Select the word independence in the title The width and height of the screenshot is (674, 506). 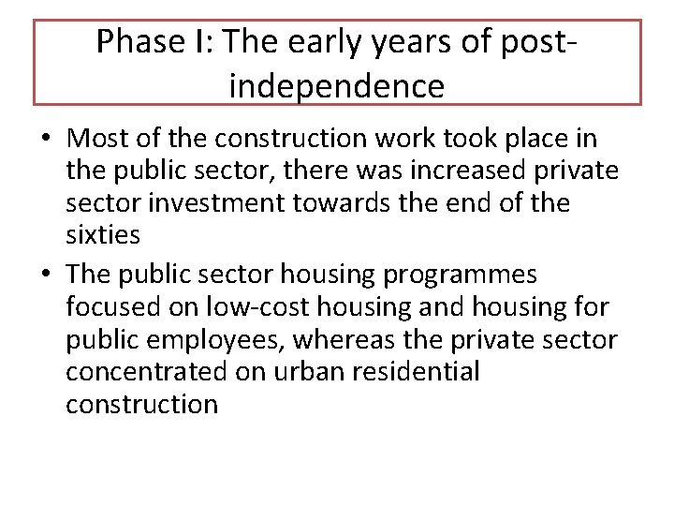pos(337,86)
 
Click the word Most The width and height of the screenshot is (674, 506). pos(98,138)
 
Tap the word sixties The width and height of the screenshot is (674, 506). pos(103,235)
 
